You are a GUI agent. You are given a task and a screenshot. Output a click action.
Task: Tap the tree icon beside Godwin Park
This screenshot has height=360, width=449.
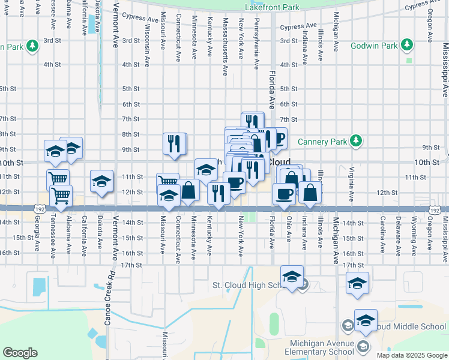click(408, 45)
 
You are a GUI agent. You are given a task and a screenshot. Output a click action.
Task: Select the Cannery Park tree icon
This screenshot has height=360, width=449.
click(357, 141)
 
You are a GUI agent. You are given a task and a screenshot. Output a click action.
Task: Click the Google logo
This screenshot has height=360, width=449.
click(20, 353)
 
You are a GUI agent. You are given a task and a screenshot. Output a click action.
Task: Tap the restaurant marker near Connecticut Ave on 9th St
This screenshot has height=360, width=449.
click(174, 144)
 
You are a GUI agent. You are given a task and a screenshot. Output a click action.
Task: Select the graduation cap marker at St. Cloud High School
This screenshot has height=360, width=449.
click(292, 277)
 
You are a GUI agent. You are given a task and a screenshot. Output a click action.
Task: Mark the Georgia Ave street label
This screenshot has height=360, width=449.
click(38, 238)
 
